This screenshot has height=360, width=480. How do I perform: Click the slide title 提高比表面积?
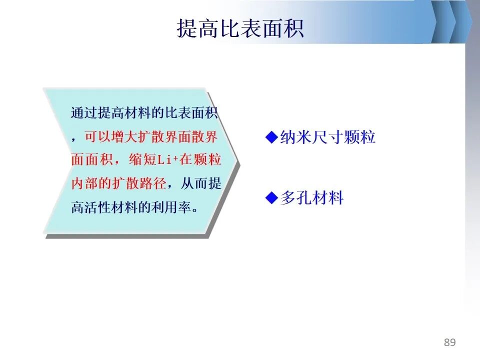(240, 28)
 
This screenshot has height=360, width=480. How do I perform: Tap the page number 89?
(449, 342)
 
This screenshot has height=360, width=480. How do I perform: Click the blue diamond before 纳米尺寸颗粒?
(271, 137)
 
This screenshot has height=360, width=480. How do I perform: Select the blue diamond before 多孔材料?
(271, 197)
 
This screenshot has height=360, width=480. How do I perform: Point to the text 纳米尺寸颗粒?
(327, 137)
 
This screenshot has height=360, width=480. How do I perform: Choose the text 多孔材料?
(312, 197)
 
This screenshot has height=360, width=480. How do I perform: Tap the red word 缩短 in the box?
(142, 159)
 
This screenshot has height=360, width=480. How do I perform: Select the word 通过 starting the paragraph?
(84, 112)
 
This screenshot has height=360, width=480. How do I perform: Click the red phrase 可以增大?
(111, 136)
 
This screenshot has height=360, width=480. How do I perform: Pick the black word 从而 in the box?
(194, 183)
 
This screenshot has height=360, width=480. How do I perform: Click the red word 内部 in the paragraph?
(84, 183)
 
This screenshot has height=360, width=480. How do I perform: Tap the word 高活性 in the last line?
(91, 207)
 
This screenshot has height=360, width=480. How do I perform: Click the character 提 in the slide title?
(187, 28)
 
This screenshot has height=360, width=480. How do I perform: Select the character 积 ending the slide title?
(293, 28)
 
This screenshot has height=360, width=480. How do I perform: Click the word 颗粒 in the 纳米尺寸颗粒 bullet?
(359, 137)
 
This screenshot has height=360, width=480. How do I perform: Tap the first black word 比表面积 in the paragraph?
(191, 112)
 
